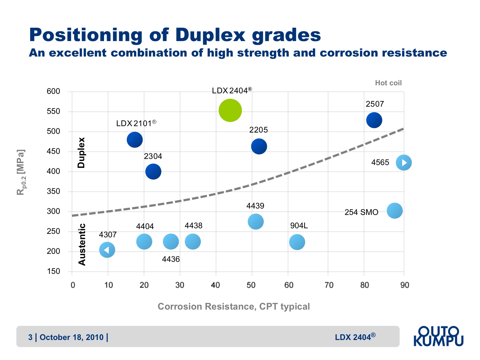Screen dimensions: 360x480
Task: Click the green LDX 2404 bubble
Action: [x=230, y=110]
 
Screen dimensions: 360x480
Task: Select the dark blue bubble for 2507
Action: [x=374, y=120]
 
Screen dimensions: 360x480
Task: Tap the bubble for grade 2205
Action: [x=259, y=146]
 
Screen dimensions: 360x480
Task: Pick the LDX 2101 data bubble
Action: [x=135, y=139]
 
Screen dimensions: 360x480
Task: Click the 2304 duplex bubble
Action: [x=153, y=171]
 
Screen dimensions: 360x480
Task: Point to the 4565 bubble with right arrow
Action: [x=403, y=162]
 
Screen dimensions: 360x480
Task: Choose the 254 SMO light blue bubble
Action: [x=394, y=211]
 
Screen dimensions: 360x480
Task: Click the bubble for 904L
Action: [x=297, y=242]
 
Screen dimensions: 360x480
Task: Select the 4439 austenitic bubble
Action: [x=255, y=221]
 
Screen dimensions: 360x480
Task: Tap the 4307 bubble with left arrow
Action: [x=107, y=250]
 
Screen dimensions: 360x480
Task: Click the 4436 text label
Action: [x=171, y=259]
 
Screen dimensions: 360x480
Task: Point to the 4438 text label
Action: [x=193, y=226]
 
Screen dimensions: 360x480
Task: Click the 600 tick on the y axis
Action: [x=53, y=91]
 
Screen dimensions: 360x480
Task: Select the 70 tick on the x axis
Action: [x=329, y=285]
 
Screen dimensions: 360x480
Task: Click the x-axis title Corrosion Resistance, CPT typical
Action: [x=234, y=306]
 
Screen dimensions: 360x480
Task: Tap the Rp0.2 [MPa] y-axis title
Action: [x=21, y=172]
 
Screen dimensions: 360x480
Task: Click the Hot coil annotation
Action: [x=388, y=83]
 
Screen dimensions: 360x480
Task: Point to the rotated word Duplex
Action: [x=81, y=153]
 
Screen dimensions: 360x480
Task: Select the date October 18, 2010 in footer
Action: [x=71, y=337]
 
